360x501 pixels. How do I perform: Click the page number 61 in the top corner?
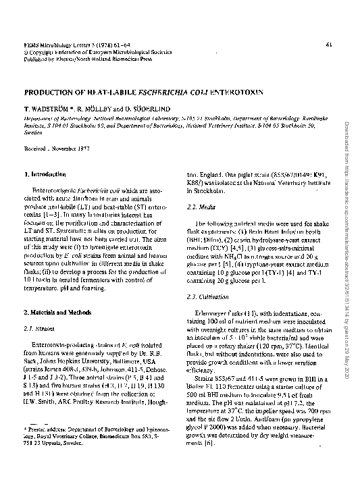[328, 45]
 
